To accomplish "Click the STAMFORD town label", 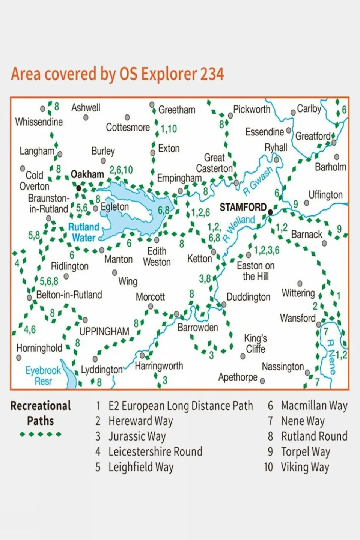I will [243, 207].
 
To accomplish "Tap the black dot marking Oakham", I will [78, 188].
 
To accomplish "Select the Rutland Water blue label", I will [83, 232].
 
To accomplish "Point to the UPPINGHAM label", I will [104, 331].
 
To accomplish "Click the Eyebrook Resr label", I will [43, 376].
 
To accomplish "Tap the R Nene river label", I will [331, 356].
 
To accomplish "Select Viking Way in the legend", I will [305, 467].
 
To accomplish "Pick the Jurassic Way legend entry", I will [137, 436].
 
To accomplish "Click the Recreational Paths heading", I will [41, 413].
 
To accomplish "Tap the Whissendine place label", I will [39, 122].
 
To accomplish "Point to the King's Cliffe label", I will [255, 343].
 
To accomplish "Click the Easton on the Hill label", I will [256, 271].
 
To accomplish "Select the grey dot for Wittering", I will [300, 283].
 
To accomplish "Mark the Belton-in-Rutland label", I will [69, 295].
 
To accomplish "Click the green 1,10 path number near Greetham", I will [169, 129].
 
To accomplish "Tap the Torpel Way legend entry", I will [305, 452].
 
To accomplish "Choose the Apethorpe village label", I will [238, 377].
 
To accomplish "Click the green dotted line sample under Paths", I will [41, 434].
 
